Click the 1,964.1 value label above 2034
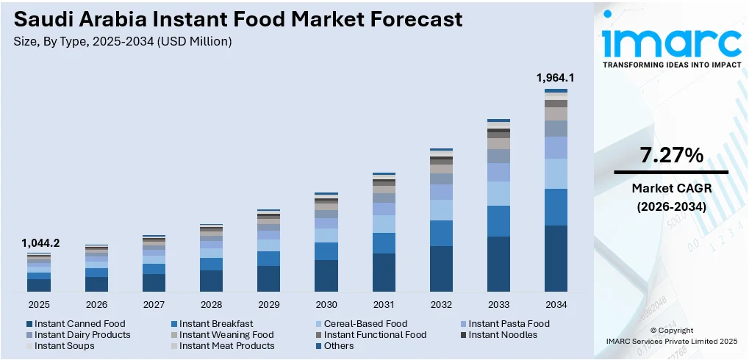coord(555,77)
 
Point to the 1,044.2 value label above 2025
coord(40,242)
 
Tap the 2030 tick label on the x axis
coord(326,304)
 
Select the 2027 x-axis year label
coord(154,304)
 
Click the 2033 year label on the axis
coord(498,304)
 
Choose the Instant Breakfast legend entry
coord(215,323)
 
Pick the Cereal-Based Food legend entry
coord(365,323)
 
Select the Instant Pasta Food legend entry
coord(509,323)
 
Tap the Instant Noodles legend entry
coord(503,334)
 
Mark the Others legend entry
coord(338,345)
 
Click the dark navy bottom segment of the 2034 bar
coord(555,259)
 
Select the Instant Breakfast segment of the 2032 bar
coord(441,233)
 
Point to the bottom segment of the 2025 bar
coord(39,285)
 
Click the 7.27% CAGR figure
coord(671,155)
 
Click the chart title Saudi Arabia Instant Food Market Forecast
coord(238,19)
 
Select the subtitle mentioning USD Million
coord(123,42)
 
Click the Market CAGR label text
coord(671,189)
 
